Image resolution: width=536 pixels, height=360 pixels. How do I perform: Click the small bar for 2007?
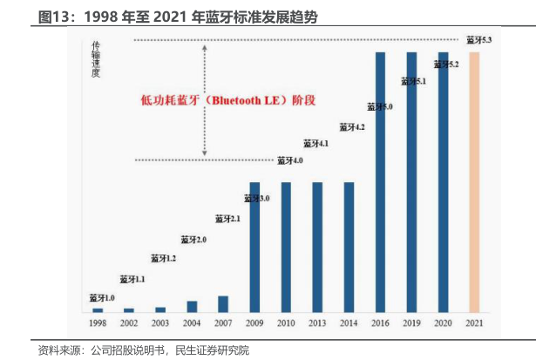[223, 303]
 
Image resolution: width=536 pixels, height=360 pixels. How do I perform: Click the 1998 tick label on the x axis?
[98, 323]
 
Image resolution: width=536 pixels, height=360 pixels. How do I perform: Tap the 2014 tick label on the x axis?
[349, 323]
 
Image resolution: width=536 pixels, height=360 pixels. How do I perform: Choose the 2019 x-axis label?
[412, 323]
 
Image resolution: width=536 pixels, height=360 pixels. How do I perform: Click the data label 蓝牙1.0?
[102, 298]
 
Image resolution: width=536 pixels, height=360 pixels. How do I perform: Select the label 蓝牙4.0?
[290, 160]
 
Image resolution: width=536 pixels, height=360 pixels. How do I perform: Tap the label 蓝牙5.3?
[479, 40]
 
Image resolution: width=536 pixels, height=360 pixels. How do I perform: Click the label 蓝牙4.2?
[351, 127]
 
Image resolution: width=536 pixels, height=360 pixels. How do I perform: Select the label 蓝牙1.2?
[164, 259]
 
